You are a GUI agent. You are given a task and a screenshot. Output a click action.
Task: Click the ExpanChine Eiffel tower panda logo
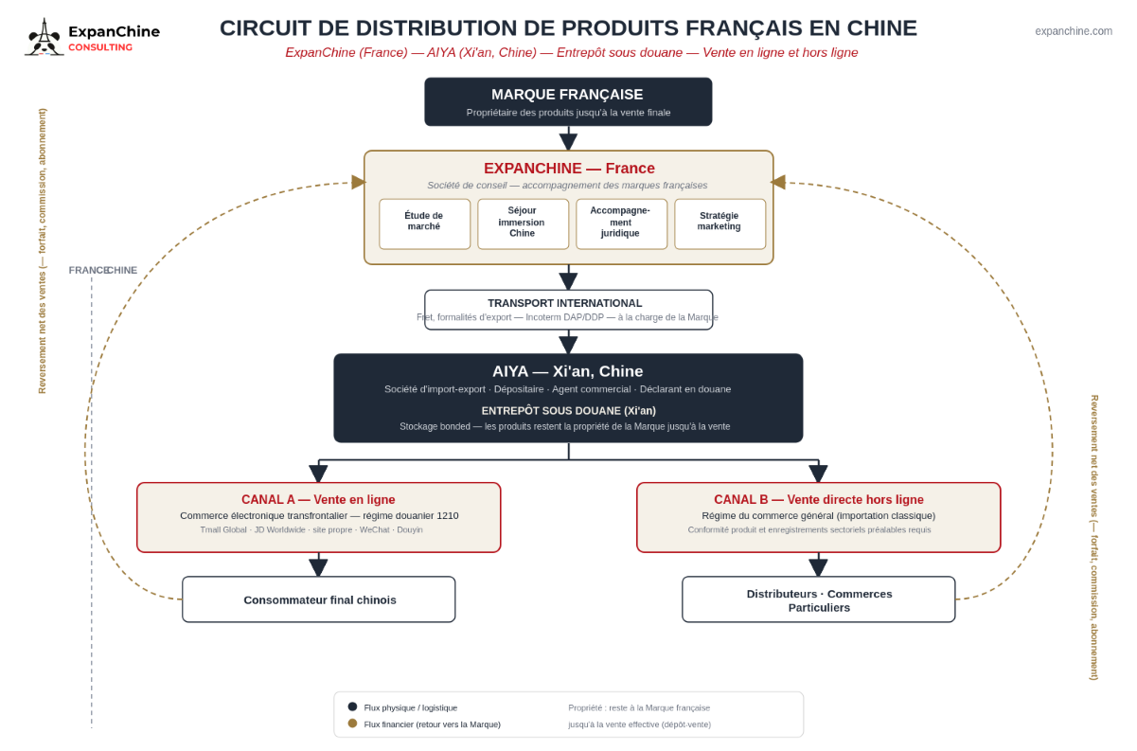44,37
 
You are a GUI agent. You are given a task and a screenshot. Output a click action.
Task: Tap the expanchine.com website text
1074,31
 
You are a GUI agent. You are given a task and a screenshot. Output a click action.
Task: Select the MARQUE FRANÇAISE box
568,101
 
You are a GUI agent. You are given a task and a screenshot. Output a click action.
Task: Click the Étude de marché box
424,224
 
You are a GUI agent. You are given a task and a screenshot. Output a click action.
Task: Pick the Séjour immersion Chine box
523,224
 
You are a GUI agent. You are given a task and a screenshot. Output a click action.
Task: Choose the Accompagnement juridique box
621,224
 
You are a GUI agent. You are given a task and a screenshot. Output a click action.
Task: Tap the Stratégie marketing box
720,224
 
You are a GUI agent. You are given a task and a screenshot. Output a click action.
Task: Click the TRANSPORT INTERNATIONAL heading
565,303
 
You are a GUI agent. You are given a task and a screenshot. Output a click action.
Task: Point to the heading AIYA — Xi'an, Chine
567,371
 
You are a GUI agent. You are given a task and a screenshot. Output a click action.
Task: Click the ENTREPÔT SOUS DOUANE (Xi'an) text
568,410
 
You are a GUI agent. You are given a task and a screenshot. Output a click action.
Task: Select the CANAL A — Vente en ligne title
318,500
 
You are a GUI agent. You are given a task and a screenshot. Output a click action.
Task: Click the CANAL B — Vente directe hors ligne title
819,500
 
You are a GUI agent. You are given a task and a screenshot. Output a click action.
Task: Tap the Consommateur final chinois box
319,599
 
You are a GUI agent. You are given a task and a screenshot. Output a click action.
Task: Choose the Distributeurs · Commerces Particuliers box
819,599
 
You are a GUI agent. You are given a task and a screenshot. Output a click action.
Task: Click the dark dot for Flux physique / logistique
352,706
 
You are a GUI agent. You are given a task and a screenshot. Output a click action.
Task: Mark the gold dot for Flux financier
352,724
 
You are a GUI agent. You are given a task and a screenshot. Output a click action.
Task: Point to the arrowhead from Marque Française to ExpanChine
568,142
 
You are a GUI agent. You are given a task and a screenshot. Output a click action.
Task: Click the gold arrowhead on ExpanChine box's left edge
358,182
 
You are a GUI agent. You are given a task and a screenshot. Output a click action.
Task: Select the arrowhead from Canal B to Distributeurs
818,567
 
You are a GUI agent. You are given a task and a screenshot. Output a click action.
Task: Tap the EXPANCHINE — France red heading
569,168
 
